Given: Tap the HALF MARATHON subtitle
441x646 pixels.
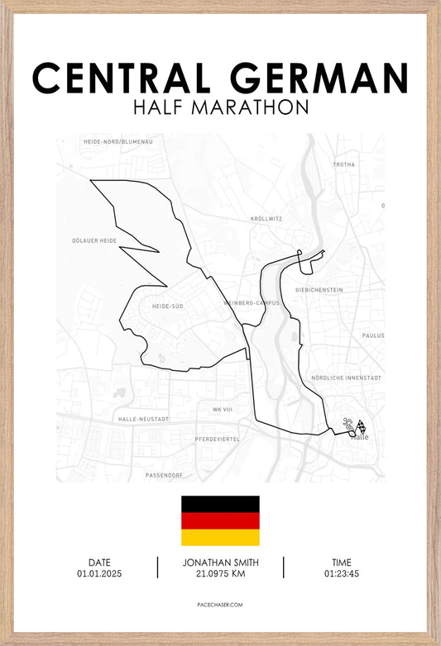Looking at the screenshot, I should [220, 107].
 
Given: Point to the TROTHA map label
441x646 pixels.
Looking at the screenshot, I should [343, 164].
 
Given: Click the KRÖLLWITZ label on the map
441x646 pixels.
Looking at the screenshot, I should [266, 219].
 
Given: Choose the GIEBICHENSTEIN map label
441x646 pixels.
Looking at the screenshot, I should [319, 290].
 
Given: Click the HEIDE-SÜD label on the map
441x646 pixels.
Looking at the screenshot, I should [167, 306].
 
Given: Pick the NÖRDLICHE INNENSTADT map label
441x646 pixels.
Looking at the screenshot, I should [346, 378].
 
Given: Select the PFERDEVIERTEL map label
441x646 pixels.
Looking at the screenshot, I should [217, 439].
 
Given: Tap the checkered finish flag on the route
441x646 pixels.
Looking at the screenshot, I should [361, 428].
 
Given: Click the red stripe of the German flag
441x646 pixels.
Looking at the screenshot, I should [220, 520].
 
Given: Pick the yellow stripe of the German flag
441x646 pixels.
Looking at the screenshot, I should [220, 537].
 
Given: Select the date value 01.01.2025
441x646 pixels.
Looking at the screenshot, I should [99, 573].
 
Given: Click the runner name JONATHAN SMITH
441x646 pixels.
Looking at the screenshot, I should [220, 563].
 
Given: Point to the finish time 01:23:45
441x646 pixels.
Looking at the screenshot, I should [342, 573].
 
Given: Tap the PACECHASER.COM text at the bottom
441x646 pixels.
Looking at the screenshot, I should [220, 605].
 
